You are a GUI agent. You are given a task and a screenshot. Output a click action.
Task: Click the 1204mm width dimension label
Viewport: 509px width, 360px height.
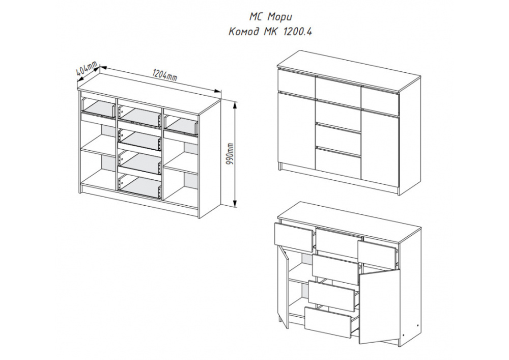tap(164, 76)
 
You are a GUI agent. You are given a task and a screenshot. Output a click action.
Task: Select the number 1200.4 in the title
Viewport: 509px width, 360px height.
tap(298, 32)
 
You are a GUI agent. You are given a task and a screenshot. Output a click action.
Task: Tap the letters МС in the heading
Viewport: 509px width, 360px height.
tap(256, 16)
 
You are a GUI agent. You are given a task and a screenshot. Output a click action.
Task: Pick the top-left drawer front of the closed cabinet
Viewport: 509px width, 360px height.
tap(296, 83)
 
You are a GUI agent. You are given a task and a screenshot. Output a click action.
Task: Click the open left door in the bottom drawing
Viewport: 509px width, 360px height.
tap(284, 287)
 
